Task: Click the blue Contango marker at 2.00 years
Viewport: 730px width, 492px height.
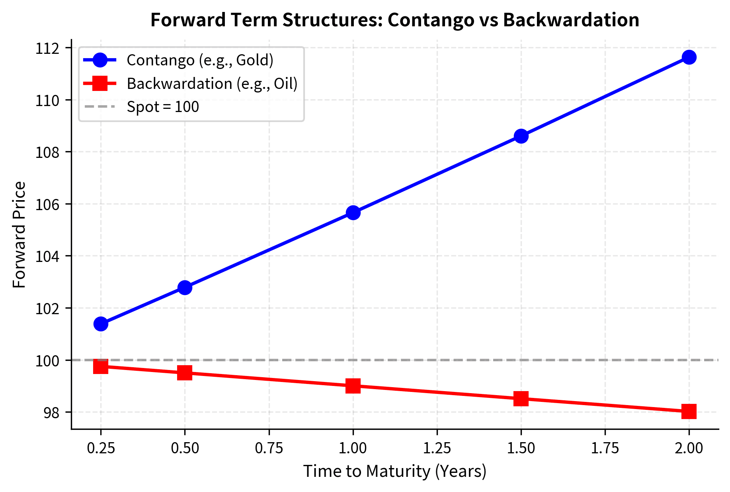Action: pos(689,57)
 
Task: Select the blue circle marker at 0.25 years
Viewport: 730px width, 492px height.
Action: pos(101,324)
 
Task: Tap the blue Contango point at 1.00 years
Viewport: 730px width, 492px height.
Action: pos(353,213)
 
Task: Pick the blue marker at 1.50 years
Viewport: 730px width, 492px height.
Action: pos(521,136)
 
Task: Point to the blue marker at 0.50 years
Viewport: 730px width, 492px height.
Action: pos(185,287)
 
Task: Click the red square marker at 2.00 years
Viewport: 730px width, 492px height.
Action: pos(689,411)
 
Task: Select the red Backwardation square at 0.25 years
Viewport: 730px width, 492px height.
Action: pos(101,366)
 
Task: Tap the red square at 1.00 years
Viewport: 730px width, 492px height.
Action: pos(353,386)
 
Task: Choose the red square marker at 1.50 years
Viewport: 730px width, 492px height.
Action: pos(521,398)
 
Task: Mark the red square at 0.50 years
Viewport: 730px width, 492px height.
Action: pos(185,373)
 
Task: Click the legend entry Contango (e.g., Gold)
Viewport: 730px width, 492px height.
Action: pos(200,60)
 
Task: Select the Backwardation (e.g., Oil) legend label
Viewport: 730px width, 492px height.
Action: pos(212,84)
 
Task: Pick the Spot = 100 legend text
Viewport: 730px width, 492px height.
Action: pos(163,107)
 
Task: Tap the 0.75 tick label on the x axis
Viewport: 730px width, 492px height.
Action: pos(269,449)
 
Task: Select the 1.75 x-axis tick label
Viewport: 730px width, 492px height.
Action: pos(605,449)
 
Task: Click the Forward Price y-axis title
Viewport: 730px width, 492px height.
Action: pos(20,234)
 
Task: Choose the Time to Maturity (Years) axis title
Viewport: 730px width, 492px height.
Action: pos(395,471)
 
